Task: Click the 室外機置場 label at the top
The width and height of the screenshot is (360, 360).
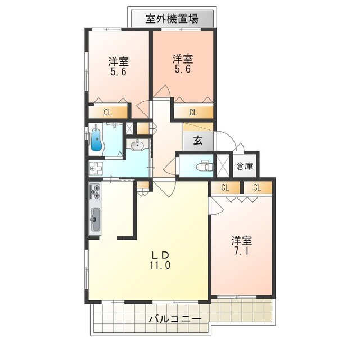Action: click(x=172, y=18)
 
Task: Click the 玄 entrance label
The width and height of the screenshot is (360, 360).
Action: click(x=198, y=141)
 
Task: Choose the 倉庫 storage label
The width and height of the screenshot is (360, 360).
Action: click(x=245, y=166)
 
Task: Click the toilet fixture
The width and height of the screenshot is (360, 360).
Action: click(x=204, y=166)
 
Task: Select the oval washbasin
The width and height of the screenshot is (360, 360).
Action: click(x=137, y=146)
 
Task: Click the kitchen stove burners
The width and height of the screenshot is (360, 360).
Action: click(x=94, y=192)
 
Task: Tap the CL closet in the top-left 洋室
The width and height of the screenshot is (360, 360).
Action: click(x=107, y=111)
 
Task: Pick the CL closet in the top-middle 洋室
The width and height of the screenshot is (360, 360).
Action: click(x=193, y=111)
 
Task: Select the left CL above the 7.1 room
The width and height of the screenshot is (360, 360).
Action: click(x=224, y=187)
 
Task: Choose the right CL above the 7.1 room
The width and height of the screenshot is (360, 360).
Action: click(x=256, y=187)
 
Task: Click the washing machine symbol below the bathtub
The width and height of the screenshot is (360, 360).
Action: click(x=96, y=168)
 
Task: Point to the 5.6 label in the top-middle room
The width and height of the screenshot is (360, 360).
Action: click(x=183, y=69)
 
